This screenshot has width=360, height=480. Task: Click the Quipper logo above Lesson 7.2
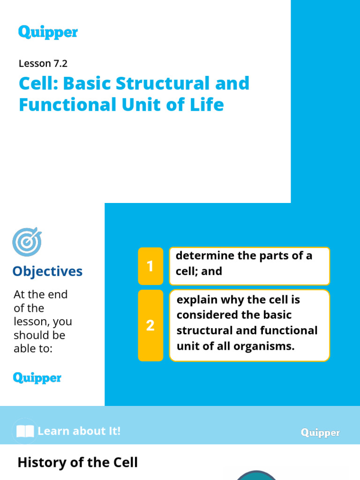coord(48,32)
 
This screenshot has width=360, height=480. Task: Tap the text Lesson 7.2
coord(43,63)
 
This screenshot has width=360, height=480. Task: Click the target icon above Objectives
coord(27,242)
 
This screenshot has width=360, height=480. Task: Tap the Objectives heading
coord(47,271)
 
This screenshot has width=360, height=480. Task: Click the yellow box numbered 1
coord(150,266)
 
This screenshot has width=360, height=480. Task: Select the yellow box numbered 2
coord(150,325)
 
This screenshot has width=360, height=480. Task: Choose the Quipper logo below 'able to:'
coord(37,378)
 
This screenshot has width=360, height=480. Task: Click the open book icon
coord(25,431)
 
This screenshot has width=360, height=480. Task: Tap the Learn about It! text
coord(79,431)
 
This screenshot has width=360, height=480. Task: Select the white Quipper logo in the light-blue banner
coord(320,433)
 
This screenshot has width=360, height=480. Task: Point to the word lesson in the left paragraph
coord(30,322)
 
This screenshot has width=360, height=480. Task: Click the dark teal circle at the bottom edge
coord(256,476)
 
